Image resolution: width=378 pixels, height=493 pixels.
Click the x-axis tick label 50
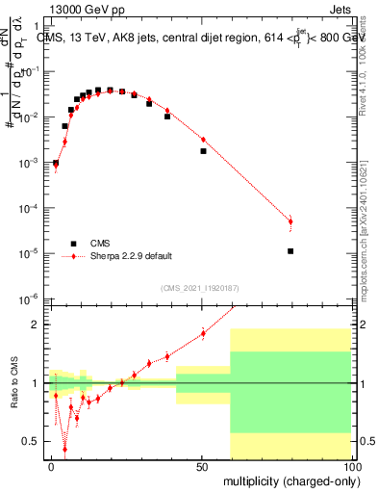coord(202,467)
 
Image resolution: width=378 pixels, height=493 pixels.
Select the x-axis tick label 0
coord(52,467)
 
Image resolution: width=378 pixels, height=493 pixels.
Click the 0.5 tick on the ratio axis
coord(35,441)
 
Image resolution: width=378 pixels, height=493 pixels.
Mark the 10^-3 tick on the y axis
coord(34,163)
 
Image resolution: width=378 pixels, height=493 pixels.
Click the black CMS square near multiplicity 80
coord(290,251)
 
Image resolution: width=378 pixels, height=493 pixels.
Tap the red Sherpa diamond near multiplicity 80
coord(290,221)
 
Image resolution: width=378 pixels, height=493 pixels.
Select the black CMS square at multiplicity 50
coord(203,151)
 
